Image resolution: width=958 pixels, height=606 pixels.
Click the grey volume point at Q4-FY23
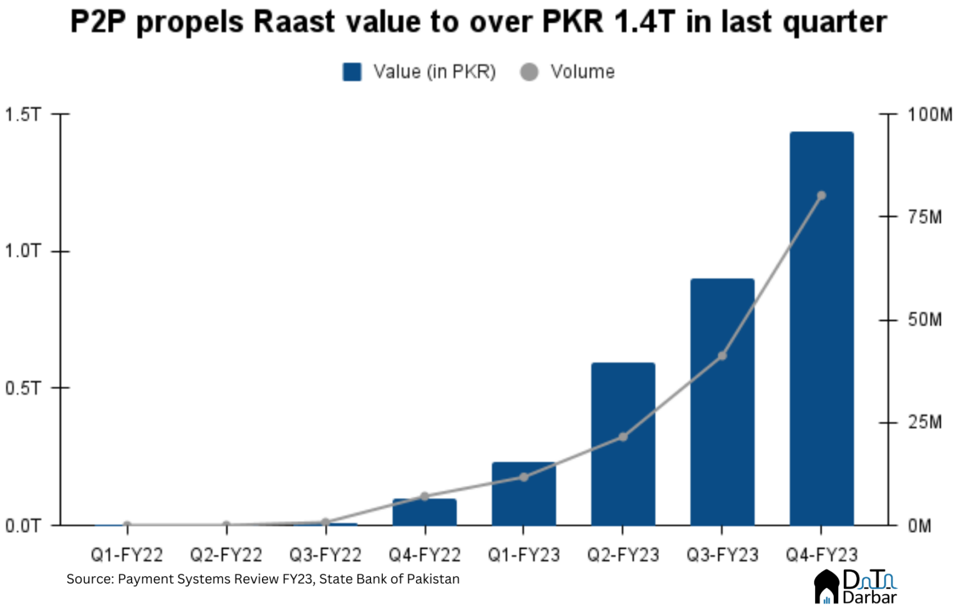click(x=821, y=195)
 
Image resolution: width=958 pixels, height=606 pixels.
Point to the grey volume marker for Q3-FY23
click(x=722, y=356)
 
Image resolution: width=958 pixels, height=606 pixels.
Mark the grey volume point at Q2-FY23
click(x=622, y=437)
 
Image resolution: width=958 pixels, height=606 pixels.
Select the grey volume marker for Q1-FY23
click(x=523, y=477)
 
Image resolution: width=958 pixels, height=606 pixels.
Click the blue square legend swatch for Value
click(x=352, y=72)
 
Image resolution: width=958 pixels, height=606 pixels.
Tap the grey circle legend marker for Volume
click(x=529, y=72)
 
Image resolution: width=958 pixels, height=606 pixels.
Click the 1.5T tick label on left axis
click(x=22, y=115)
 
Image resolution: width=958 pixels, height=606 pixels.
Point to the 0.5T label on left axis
click(x=22, y=388)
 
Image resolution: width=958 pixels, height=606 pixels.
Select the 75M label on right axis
click(x=924, y=217)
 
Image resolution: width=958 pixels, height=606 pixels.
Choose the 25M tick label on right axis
click(x=924, y=423)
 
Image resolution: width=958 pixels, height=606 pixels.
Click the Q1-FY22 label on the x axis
click(x=127, y=554)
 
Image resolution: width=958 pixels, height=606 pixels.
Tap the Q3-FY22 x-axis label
click(x=325, y=554)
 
